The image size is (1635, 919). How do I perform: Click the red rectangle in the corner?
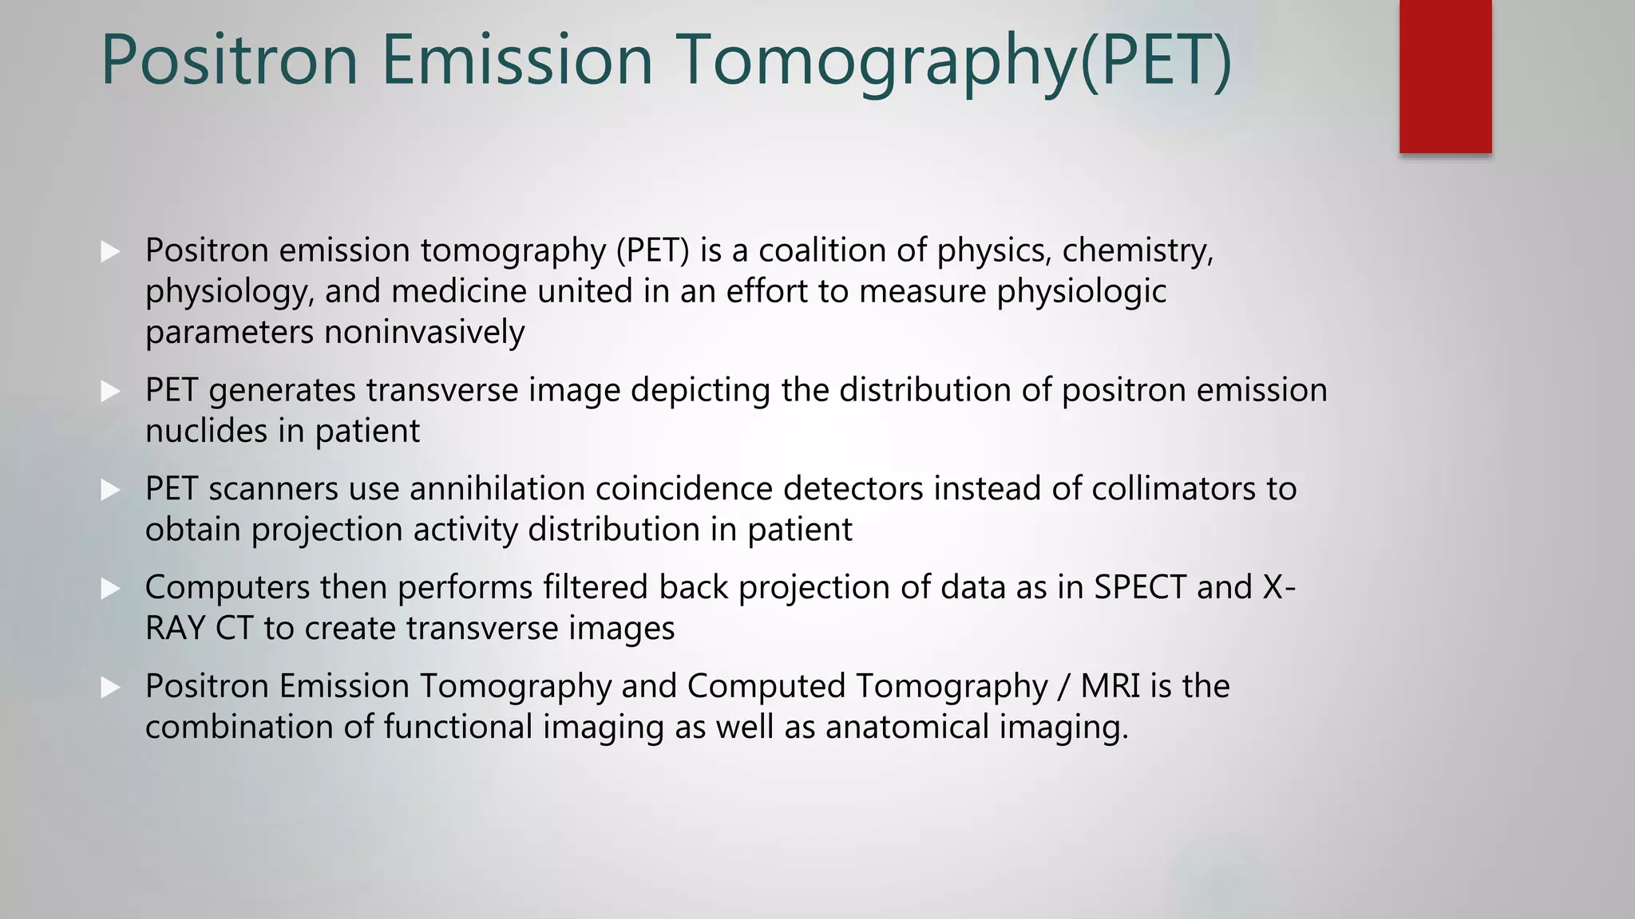point(1445,76)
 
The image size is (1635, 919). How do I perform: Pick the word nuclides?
point(207,431)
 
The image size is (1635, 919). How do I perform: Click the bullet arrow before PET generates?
point(110,391)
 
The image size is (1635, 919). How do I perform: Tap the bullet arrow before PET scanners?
point(110,490)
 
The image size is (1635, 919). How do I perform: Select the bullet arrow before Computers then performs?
point(110,589)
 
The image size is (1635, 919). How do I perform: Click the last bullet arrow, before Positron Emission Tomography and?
point(110,688)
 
